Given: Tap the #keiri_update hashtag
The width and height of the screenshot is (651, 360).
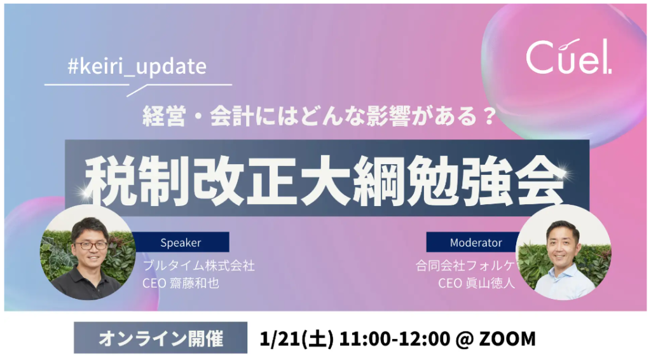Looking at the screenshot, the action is pyautogui.click(x=137, y=66).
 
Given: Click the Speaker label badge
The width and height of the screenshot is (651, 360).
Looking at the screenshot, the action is pyautogui.click(x=181, y=242).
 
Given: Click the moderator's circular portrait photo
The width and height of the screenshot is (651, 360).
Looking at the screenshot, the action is pyautogui.click(x=563, y=253).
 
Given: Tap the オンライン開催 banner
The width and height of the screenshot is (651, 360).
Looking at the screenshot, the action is pyautogui.click(x=161, y=338).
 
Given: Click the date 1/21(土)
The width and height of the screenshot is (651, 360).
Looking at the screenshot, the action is pyautogui.click(x=296, y=339).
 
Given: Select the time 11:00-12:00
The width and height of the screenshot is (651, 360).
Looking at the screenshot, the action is pyautogui.click(x=394, y=339).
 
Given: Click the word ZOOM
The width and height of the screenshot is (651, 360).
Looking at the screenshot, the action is pyautogui.click(x=507, y=339).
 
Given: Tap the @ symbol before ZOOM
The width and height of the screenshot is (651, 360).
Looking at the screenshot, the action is pyautogui.click(x=465, y=339).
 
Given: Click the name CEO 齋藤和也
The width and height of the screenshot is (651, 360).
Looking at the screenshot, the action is pyautogui.click(x=181, y=283).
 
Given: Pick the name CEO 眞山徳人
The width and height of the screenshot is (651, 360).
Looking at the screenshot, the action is pyautogui.click(x=477, y=283).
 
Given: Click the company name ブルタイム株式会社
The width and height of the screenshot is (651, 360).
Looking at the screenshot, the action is pyautogui.click(x=198, y=266).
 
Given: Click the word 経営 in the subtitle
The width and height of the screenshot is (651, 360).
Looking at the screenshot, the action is pyautogui.click(x=164, y=116).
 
